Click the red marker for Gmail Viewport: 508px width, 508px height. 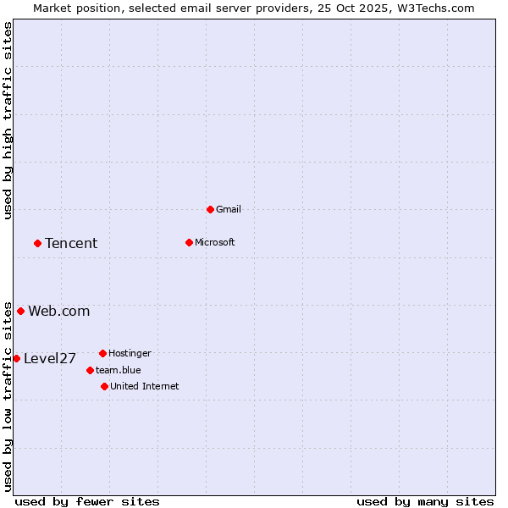(x=210, y=209)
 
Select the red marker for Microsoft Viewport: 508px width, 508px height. (x=189, y=242)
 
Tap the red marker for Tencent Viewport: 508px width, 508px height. (x=37, y=243)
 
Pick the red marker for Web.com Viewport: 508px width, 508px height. (x=20, y=311)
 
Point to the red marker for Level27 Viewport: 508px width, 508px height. (x=16, y=358)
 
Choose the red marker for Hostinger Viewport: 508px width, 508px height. (x=102, y=353)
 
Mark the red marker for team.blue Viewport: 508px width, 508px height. (x=90, y=370)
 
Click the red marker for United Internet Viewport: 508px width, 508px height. (x=104, y=386)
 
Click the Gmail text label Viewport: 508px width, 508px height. (x=229, y=209)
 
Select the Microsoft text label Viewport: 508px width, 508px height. (x=215, y=242)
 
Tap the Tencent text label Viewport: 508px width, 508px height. (x=71, y=243)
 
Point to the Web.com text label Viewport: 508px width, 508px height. (x=59, y=311)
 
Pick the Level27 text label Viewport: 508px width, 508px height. (x=50, y=358)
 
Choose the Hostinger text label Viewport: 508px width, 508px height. (x=130, y=353)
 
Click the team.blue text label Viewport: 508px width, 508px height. (x=119, y=370)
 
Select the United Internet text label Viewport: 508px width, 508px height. (x=145, y=386)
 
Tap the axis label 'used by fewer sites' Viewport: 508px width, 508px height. (x=87, y=501)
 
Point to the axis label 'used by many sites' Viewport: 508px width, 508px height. (x=425, y=501)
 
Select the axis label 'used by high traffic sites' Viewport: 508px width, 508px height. (x=8, y=120)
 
